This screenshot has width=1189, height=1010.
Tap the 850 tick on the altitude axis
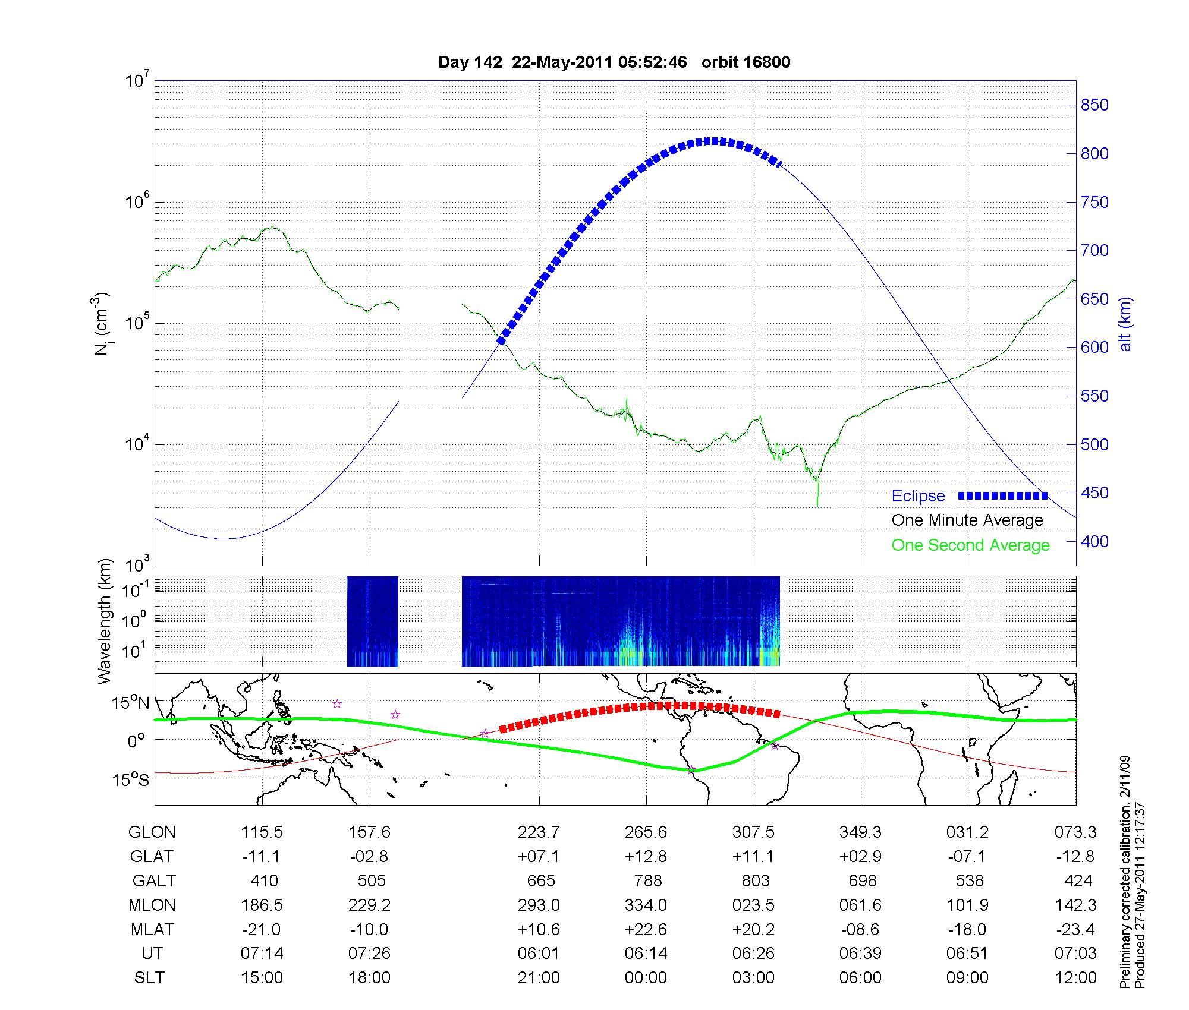tap(1094, 105)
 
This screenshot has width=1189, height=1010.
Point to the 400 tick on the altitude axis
tap(1094, 541)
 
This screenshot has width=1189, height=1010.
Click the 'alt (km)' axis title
tap(1125, 324)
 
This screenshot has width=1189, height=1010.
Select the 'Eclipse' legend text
tap(918, 495)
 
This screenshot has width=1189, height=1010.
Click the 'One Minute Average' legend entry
tap(967, 520)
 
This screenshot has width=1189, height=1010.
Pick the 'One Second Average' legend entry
tap(970, 545)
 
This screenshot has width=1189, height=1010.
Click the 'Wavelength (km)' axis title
tap(105, 621)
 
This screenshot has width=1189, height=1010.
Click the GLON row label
tap(152, 832)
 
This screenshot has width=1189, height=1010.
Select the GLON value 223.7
tap(539, 832)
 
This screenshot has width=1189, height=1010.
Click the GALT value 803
tap(756, 880)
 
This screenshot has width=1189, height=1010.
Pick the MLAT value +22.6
tap(646, 929)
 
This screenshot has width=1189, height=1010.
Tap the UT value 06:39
tap(860, 954)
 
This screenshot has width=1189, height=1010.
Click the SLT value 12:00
tap(1075, 978)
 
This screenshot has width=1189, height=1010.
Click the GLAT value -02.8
tap(369, 857)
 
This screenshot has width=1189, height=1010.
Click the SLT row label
tap(149, 978)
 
